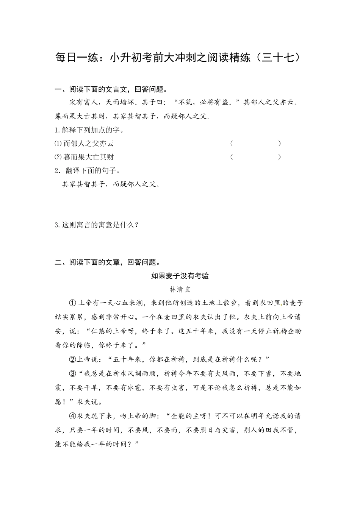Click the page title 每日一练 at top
click(180, 58)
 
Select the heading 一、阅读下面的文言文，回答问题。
click(111, 90)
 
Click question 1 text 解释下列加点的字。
click(89, 130)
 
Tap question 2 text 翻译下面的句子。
click(88, 171)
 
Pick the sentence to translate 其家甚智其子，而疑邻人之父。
click(111, 184)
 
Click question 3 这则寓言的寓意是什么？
click(97, 225)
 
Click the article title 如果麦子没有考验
click(180, 276)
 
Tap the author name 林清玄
click(180, 290)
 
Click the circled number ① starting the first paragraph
click(72, 303)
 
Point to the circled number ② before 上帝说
click(72, 359)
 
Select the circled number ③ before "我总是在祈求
click(72, 373)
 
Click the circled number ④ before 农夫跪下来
click(72, 416)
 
